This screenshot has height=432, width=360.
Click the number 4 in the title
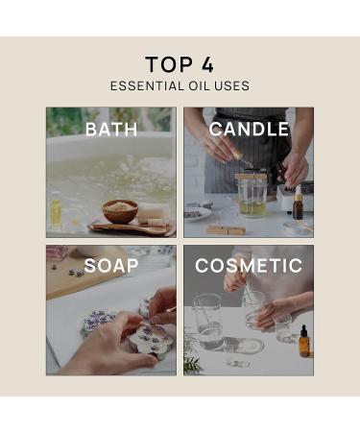click(207, 64)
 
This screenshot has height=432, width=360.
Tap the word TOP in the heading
click(169, 64)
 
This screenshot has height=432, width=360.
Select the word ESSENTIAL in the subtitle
click(147, 86)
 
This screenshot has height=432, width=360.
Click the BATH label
click(111, 130)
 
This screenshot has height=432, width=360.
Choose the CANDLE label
click(249, 129)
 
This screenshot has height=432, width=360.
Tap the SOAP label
click(111, 266)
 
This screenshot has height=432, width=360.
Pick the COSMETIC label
click(249, 266)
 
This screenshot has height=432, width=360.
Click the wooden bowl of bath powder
click(120, 211)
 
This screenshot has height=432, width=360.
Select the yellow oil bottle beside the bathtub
click(56, 210)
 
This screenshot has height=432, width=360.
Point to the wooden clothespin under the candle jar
click(226, 229)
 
